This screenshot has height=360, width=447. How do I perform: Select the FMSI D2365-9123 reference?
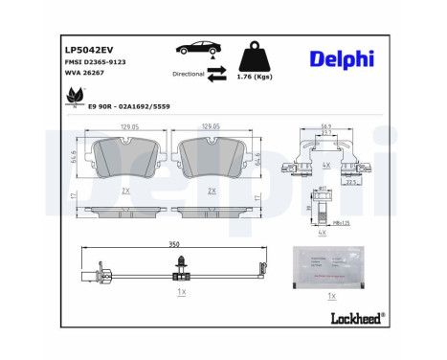point(97,60)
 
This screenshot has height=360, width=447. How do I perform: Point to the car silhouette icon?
point(196,49)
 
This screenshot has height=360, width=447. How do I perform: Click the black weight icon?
point(252,55)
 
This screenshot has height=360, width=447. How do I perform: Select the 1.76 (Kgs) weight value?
point(253,76)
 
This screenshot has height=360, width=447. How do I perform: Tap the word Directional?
point(188,73)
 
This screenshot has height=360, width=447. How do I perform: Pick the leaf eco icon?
point(71,97)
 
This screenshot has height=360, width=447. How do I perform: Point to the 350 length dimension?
point(174,244)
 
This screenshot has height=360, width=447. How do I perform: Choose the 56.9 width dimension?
point(327,125)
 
